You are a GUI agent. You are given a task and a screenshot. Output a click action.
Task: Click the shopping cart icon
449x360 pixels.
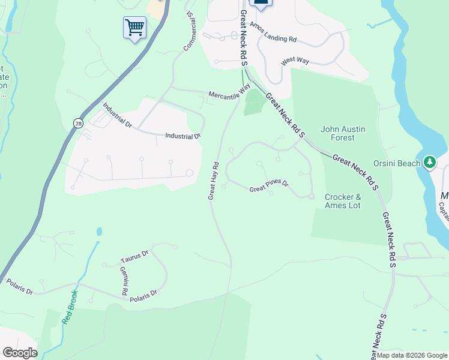point(134,27)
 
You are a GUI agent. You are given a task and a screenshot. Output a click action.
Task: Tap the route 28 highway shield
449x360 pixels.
point(79,123)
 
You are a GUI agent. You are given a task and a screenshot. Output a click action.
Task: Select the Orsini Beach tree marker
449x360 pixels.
point(429,162)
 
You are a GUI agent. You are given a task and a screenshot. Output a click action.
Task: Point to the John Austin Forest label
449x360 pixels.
point(343,133)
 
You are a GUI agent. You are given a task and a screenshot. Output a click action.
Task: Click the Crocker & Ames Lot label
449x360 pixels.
point(342,201)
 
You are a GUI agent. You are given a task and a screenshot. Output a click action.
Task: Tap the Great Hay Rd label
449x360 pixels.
point(213,180)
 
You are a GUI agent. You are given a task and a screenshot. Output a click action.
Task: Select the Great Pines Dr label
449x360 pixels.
point(269,188)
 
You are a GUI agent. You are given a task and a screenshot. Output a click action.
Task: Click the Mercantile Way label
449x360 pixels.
point(229,93)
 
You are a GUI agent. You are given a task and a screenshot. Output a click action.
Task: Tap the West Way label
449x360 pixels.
point(295,62)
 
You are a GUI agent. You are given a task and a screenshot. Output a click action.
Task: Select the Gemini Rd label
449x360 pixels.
point(122,280)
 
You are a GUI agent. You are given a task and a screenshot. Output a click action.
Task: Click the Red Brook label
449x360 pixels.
point(70,307)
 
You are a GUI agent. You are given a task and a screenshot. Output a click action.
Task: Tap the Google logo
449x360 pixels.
point(20,353)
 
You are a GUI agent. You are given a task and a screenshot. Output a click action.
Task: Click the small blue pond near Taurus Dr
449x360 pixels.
point(99,231)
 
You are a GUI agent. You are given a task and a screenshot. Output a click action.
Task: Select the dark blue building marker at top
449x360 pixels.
point(261,4)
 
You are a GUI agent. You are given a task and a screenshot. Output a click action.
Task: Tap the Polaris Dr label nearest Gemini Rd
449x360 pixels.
point(143,294)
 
